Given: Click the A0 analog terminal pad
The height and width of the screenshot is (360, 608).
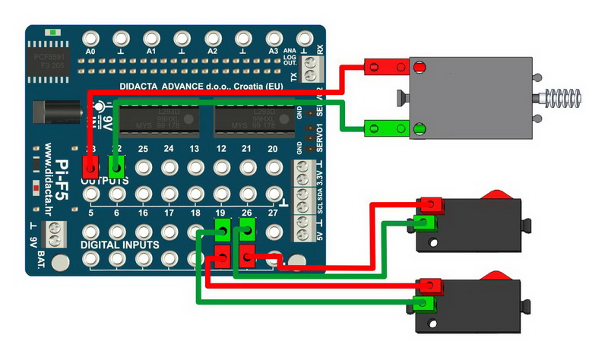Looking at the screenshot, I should (x=90, y=38).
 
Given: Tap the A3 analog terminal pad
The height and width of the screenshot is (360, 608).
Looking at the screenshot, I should (x=273, y=38).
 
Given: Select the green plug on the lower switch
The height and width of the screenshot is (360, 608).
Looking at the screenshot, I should (x=425, y=305).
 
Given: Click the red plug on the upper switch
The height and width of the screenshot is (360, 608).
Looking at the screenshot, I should (x=430, y=204).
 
